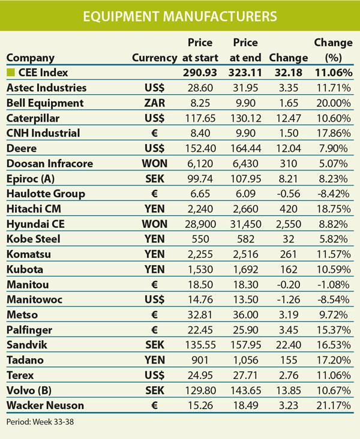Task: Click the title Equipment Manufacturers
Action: (180, 16)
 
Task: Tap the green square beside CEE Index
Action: (10, 73)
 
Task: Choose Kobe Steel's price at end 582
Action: (249, 239)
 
